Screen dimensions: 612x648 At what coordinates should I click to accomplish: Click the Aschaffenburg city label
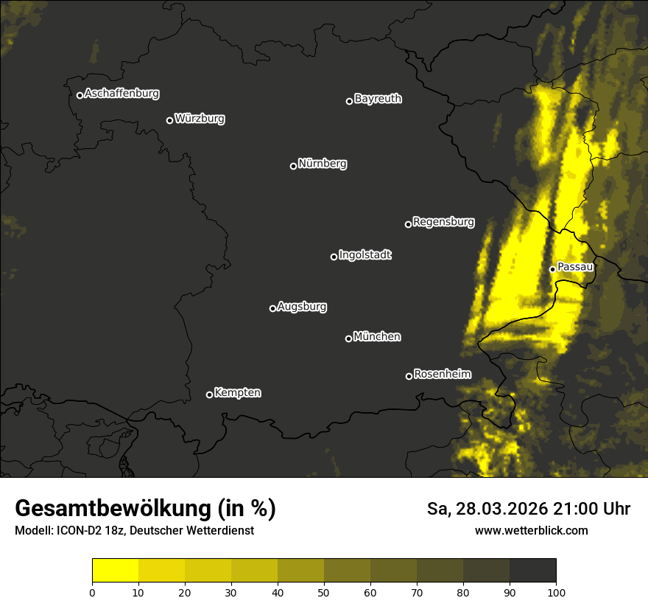(x=121, y=94)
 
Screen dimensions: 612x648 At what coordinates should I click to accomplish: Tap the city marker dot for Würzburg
(x=169, y=120)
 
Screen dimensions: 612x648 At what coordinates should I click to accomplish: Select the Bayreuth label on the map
(x=378, y=99)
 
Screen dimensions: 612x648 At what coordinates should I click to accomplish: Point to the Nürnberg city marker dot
(x=293, y=166)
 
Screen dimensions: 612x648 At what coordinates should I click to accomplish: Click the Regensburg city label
(x=443, y=221)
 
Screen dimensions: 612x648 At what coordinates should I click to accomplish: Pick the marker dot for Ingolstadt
(x=334, y=257)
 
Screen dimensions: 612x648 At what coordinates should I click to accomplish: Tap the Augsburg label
(x=302, y=306)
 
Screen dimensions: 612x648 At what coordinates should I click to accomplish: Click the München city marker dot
(x=348, y=338)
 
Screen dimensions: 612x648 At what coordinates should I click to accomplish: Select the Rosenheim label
(x=443, y=374)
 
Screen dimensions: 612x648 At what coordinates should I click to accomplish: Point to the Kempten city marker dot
(x=209, y=394)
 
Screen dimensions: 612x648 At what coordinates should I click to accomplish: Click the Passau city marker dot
(x=552, y=269)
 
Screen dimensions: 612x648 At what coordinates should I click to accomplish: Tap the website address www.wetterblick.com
(x=531, y=530)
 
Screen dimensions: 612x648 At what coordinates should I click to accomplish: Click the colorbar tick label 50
(x=324, y=592)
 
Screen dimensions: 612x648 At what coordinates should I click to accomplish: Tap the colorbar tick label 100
(x=556, y=592)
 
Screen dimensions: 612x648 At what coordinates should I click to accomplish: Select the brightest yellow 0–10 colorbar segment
(x=115, y=570)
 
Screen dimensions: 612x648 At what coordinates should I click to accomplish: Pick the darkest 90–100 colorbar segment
(x=532, y=570)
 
